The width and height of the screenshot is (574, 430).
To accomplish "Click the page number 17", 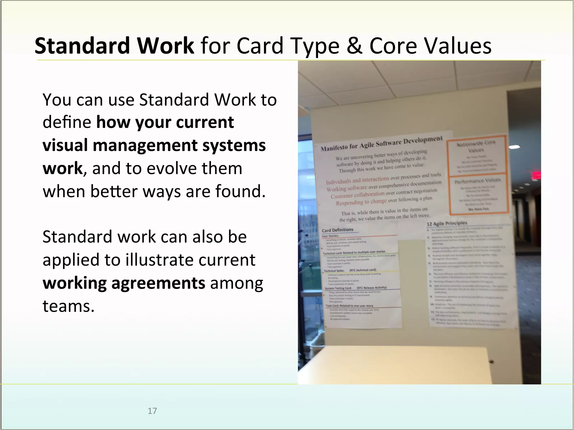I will coord(152,411).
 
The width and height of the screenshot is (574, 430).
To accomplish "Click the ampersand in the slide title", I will coord(354,46).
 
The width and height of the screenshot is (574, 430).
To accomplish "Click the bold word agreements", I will coord(158,283).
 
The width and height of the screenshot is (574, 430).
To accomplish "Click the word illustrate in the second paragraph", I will coord(159,260).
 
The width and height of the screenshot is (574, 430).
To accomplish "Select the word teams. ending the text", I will coord(68,306).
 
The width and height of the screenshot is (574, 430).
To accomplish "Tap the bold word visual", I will coord(65,145).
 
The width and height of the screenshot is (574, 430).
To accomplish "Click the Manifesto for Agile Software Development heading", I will coord(381,143).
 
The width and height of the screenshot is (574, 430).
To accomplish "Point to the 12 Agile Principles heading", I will coord(447,223).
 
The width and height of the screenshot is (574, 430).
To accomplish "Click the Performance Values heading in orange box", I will coord(477,181).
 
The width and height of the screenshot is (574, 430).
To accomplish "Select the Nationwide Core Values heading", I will coord(476,146).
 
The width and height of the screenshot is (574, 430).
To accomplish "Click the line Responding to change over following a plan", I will coord(384,200).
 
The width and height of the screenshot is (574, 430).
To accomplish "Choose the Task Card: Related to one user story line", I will coord(349,306).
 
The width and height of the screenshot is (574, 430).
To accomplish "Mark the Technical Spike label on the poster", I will coord(334,271).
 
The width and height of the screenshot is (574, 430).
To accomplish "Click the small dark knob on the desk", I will coord(491,362).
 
